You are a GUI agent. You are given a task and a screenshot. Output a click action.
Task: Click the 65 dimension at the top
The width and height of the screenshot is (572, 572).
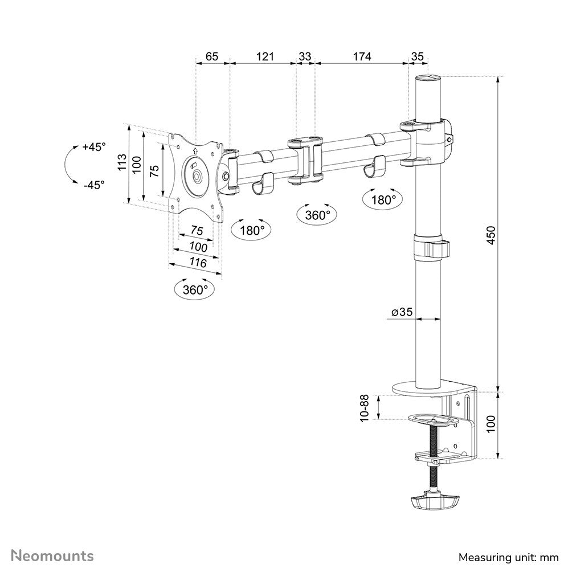[212, 56]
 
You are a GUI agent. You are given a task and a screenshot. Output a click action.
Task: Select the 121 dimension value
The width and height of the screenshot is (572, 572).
[265, 56]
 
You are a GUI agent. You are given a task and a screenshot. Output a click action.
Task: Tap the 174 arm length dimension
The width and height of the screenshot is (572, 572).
[362, 56]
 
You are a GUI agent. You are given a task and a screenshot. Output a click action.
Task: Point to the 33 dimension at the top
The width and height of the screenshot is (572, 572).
[305, 56]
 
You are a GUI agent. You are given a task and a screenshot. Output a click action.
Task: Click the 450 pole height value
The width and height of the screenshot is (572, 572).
[492, 235]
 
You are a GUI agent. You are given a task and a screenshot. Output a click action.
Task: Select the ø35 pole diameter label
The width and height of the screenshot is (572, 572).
[402, 312]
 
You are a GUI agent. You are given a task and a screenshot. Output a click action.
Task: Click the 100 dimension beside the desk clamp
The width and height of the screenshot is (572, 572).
[492, 424]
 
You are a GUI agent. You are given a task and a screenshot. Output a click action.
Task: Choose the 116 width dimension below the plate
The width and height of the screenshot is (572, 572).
[197, 263]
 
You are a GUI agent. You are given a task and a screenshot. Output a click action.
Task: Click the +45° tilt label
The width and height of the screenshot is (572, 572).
[94, 147]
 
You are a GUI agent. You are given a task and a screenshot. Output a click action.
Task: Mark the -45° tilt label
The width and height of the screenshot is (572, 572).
[94, 185]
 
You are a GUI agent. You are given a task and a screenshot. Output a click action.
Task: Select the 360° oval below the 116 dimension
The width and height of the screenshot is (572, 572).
[195, 289]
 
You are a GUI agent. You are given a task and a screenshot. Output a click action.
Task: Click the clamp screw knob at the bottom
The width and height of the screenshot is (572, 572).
[434, 502]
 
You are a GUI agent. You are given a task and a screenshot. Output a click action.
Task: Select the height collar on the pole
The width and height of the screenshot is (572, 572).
[430, 247]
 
